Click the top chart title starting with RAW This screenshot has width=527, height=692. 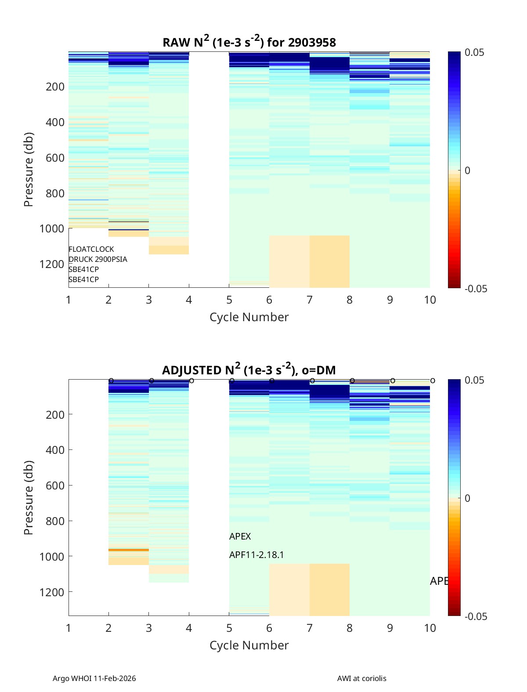click(x=249, y=42)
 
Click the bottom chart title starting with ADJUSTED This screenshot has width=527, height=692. click(x=249, y=370)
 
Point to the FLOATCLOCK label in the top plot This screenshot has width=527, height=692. click(x=91, y=249)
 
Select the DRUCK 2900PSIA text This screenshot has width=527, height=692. click(x=98, y=259)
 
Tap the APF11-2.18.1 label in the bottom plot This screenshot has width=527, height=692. click(x=256, y=555)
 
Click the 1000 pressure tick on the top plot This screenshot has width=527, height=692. click(x=52, y=228)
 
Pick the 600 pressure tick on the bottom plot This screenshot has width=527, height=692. click(x=55, y=485)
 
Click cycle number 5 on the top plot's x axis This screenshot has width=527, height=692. click(x=229, y=300)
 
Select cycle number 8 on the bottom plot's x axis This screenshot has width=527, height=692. click(x=350, y=628)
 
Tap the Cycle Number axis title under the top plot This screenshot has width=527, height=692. click(x=249, y=317)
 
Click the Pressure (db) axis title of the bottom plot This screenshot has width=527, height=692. click(x=29, y=497)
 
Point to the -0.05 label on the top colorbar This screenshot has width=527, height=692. click(x=476, y=289)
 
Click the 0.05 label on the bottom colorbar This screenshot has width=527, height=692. click(x=474, y=380)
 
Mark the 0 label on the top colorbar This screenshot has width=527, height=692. click(x=467, y=170)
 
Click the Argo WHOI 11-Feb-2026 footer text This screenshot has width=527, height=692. click(x=94, y=678)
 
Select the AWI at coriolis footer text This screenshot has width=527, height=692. click(x=362, y=678)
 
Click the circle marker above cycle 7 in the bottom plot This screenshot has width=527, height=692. click(x=312, y=380)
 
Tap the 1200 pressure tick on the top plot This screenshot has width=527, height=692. click(x=52, y=264)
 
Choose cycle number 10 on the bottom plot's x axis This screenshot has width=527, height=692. click(x=430, y=628)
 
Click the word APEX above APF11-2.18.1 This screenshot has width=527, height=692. click(x=240, y=536)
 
